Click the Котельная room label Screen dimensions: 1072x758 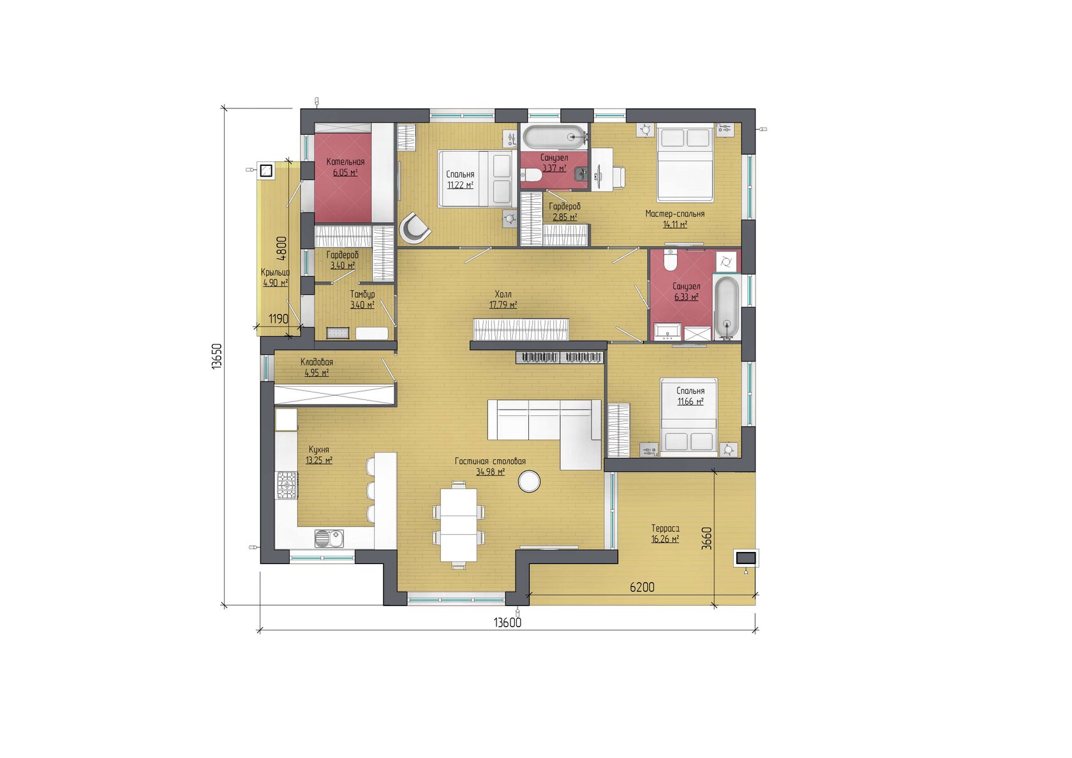345,162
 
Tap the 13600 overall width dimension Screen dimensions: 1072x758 508,623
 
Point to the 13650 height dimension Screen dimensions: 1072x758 217,356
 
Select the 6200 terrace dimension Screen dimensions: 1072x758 642,587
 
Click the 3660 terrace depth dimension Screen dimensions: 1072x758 708,538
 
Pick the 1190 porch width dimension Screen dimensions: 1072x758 278,319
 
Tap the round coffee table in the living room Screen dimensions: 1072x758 530,481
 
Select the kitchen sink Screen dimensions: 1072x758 329,539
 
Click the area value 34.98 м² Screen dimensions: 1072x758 490,472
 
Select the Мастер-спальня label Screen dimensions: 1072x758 675,214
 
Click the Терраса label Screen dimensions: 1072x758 665,528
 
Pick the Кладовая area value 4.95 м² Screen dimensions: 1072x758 316,373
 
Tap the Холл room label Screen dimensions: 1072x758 503,294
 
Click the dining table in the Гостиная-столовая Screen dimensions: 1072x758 458,525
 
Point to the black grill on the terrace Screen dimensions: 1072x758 745,558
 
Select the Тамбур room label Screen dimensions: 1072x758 362,294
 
